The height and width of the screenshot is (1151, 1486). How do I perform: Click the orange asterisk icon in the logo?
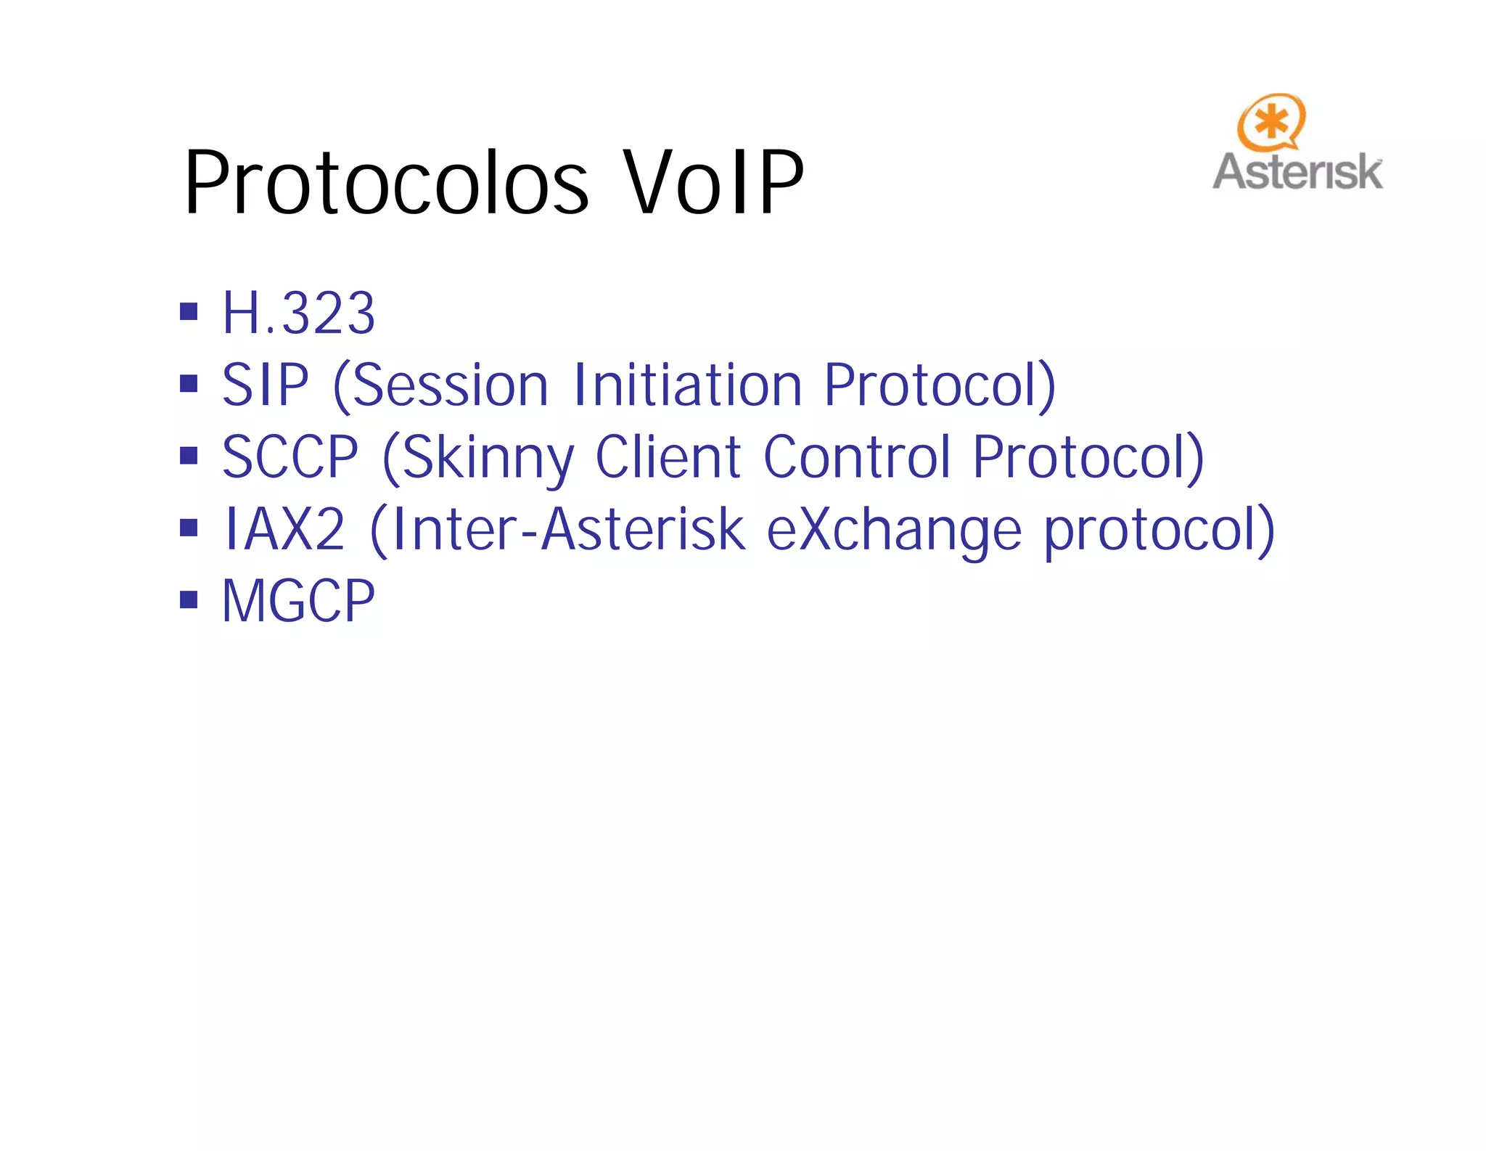(1271, 121)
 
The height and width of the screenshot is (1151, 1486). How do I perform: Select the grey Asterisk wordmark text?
(1297, 172)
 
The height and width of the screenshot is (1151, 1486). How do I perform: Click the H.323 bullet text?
(298, 313)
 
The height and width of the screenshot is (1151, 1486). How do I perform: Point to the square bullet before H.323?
(189, 312)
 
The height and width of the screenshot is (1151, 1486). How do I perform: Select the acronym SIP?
(266, 385)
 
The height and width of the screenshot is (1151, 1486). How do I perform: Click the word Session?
(450, 385)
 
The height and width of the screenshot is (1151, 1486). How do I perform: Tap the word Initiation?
(687, 385)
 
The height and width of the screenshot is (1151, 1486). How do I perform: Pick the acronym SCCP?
(290, 456)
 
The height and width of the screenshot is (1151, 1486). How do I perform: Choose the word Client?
(668, 456)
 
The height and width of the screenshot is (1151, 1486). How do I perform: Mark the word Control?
(857, 456)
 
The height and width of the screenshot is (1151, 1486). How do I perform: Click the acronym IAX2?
(284, 529)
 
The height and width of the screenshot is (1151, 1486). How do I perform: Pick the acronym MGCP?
(298, 601)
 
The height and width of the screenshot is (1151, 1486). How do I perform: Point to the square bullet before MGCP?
(189, 600)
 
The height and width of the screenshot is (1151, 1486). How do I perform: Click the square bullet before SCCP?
(189, 456)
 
